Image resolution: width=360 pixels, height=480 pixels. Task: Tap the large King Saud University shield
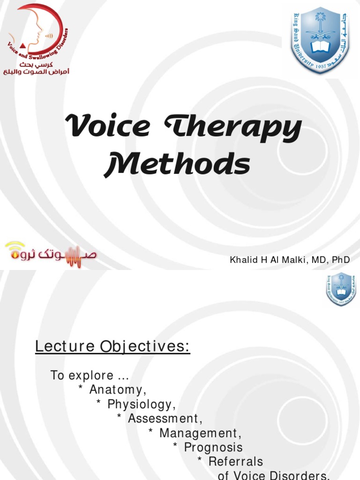(320, 42)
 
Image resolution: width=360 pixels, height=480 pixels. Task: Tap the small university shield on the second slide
(341, 289)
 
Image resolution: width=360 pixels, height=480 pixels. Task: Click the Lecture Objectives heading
(113, 347)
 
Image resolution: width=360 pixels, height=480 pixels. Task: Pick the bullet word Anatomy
(118, 390)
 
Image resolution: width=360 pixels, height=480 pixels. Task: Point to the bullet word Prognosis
(213, 447)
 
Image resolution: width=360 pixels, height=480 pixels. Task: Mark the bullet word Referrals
(235, 462)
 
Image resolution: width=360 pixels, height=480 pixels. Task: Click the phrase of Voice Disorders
(274, 475)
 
